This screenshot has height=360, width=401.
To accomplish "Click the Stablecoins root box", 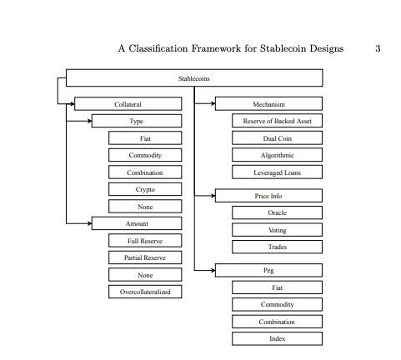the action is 194,78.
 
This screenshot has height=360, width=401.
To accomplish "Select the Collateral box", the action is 128,104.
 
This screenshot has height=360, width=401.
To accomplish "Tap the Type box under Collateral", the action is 137,121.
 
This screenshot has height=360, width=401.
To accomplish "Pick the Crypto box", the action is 145,189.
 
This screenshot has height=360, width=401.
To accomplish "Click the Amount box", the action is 137,223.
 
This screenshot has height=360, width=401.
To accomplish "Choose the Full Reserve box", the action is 145,241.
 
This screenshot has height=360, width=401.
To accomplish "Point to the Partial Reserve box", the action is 145,257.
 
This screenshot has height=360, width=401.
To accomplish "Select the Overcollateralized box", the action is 145,292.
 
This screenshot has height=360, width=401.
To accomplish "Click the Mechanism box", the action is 268,104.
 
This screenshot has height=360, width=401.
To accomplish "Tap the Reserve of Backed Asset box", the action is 278,121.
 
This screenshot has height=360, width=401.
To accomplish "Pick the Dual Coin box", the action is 278,138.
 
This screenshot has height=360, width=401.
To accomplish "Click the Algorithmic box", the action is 278,155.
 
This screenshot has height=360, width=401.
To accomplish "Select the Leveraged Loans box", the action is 278,172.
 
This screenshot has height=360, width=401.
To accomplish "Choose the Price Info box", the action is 268,196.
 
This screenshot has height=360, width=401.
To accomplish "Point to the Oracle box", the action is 278,212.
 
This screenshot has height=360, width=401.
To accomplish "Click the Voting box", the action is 278,230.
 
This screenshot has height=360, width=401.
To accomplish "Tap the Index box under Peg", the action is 278,338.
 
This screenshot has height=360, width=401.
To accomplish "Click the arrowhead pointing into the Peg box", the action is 213,270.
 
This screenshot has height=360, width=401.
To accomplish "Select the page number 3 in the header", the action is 378,48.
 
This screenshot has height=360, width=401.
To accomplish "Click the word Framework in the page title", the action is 216,48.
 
